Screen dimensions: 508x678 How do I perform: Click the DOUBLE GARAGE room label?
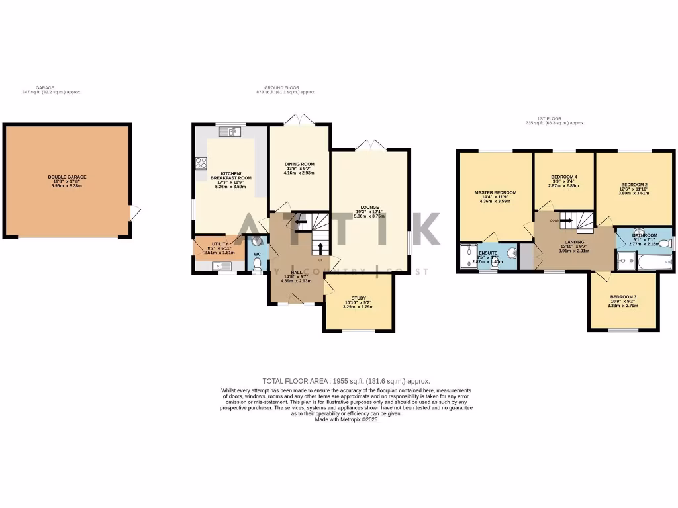pyautogui.click(x=67, y=177)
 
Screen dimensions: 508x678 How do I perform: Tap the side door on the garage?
pyautogui.click(x=134, y=213)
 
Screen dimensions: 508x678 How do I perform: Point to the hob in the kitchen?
pyautogui.click(x=201, y=163)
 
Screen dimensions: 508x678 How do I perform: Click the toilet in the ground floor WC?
pyautogui.click(x=258, y=263)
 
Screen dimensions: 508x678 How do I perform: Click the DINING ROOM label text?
pyautogui.click(x=299, y=164)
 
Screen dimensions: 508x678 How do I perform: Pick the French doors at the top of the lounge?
pyautogui.click(x=369, y=145)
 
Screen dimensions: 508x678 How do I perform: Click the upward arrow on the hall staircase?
pyautogui.click(x=320, y=248)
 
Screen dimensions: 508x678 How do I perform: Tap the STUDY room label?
pyautogui.click(x=359, y=298)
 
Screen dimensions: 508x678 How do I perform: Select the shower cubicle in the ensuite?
pyautogui.click(x=467, y=259)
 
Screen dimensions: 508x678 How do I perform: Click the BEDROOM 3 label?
pyautogui.click(x=623, y=296)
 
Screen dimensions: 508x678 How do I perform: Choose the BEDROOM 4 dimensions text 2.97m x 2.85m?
pyautogui.click(x=563, y=185)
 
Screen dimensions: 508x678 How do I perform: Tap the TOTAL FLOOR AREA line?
pyautogui.click(x=346, y=381)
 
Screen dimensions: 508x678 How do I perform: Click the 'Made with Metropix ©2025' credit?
pyautogui.click(x=346, y=419)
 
